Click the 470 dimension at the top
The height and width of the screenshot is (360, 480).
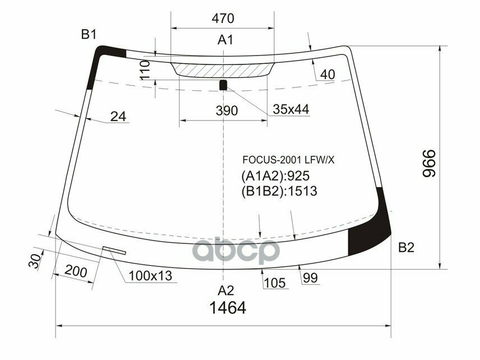223,19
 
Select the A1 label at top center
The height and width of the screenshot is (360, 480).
225,40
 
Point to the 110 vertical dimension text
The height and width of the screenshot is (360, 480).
144,72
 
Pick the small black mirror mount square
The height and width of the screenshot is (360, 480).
223,85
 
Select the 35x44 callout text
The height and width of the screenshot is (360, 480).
291,109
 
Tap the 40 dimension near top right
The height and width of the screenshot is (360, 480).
327,75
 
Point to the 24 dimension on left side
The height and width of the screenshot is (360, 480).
118,117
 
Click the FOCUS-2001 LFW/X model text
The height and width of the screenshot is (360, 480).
288,160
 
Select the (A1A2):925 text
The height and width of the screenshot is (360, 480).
275,176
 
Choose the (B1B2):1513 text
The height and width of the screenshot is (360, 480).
279,191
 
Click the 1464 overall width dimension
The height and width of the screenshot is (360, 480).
228,308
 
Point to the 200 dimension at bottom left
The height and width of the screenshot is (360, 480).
75,272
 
